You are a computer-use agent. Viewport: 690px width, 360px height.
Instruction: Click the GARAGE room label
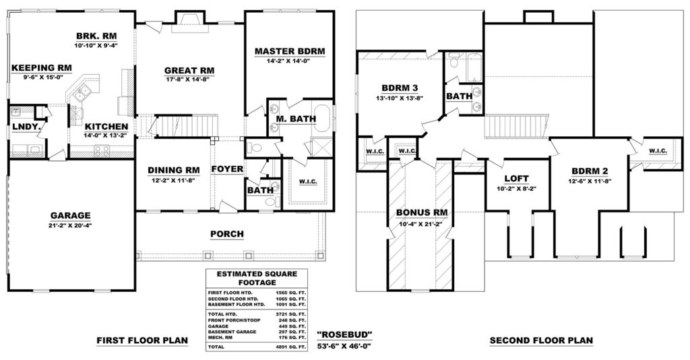point(70,216)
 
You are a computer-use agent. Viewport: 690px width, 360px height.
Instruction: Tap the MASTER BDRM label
point(290,51)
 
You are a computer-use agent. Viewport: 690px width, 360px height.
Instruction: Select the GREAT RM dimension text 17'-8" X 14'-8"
point(189,80)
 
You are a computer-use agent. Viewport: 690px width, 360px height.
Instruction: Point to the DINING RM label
point(173,170)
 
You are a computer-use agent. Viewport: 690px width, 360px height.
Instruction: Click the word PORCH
point(227,234)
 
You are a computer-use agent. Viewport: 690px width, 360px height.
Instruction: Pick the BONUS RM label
point(422,213)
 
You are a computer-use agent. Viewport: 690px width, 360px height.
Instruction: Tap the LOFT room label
point(517,179)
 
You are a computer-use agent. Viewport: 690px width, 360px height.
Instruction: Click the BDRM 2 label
point(590,171)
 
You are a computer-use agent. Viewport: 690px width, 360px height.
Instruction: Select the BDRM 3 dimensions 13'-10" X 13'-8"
point(400,98)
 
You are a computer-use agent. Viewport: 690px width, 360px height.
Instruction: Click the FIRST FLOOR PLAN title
point(142,340)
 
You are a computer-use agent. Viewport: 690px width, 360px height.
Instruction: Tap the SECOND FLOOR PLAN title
point(541,340)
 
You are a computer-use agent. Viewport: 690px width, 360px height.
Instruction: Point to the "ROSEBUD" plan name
point(345,335)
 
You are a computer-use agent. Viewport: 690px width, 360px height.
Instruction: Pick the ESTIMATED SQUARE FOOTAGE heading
point(257,278)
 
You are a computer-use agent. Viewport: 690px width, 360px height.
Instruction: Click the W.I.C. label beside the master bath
point(308,181)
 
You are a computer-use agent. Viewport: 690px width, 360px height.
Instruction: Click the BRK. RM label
point(96,36)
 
